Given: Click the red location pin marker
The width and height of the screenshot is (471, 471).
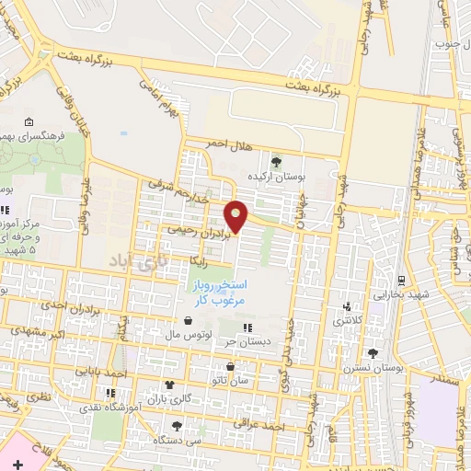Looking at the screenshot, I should (x=237, y=215).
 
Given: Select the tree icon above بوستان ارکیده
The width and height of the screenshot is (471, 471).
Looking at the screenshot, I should (x=277, y=163).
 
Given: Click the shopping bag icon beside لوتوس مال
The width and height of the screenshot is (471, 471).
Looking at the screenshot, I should (x=189, y=322).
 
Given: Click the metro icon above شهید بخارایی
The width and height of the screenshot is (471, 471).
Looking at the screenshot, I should (x=401, y=280).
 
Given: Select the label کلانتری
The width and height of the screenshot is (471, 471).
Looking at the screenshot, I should (x=348, y=322).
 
